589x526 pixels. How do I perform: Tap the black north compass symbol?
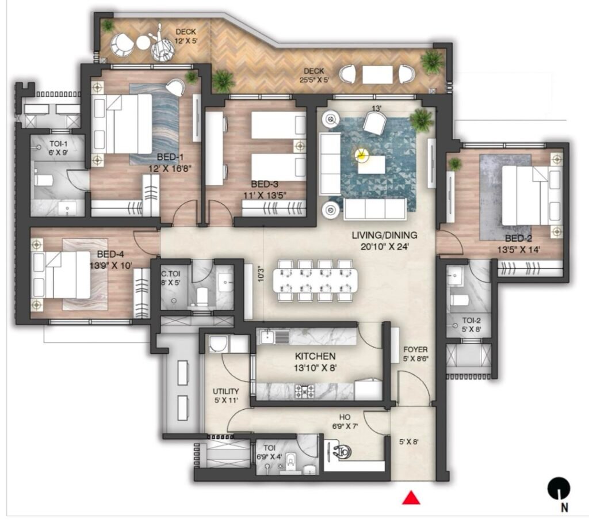559,489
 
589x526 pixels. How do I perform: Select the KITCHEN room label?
315,356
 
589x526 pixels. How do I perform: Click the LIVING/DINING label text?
384,235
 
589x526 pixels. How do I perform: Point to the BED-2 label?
518,238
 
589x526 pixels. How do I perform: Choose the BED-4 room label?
110,254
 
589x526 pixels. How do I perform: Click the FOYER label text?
415,349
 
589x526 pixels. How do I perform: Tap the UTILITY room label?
225,391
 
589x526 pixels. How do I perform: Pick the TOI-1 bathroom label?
59,143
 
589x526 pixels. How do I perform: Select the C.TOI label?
170,274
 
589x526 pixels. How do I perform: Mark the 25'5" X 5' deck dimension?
314,79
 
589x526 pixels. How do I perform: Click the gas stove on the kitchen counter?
305,391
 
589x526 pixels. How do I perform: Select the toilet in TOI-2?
459,300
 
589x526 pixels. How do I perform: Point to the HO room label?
345,417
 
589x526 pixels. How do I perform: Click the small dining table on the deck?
377,75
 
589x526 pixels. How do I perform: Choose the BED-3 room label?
265,184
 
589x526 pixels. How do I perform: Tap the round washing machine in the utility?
217,344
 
